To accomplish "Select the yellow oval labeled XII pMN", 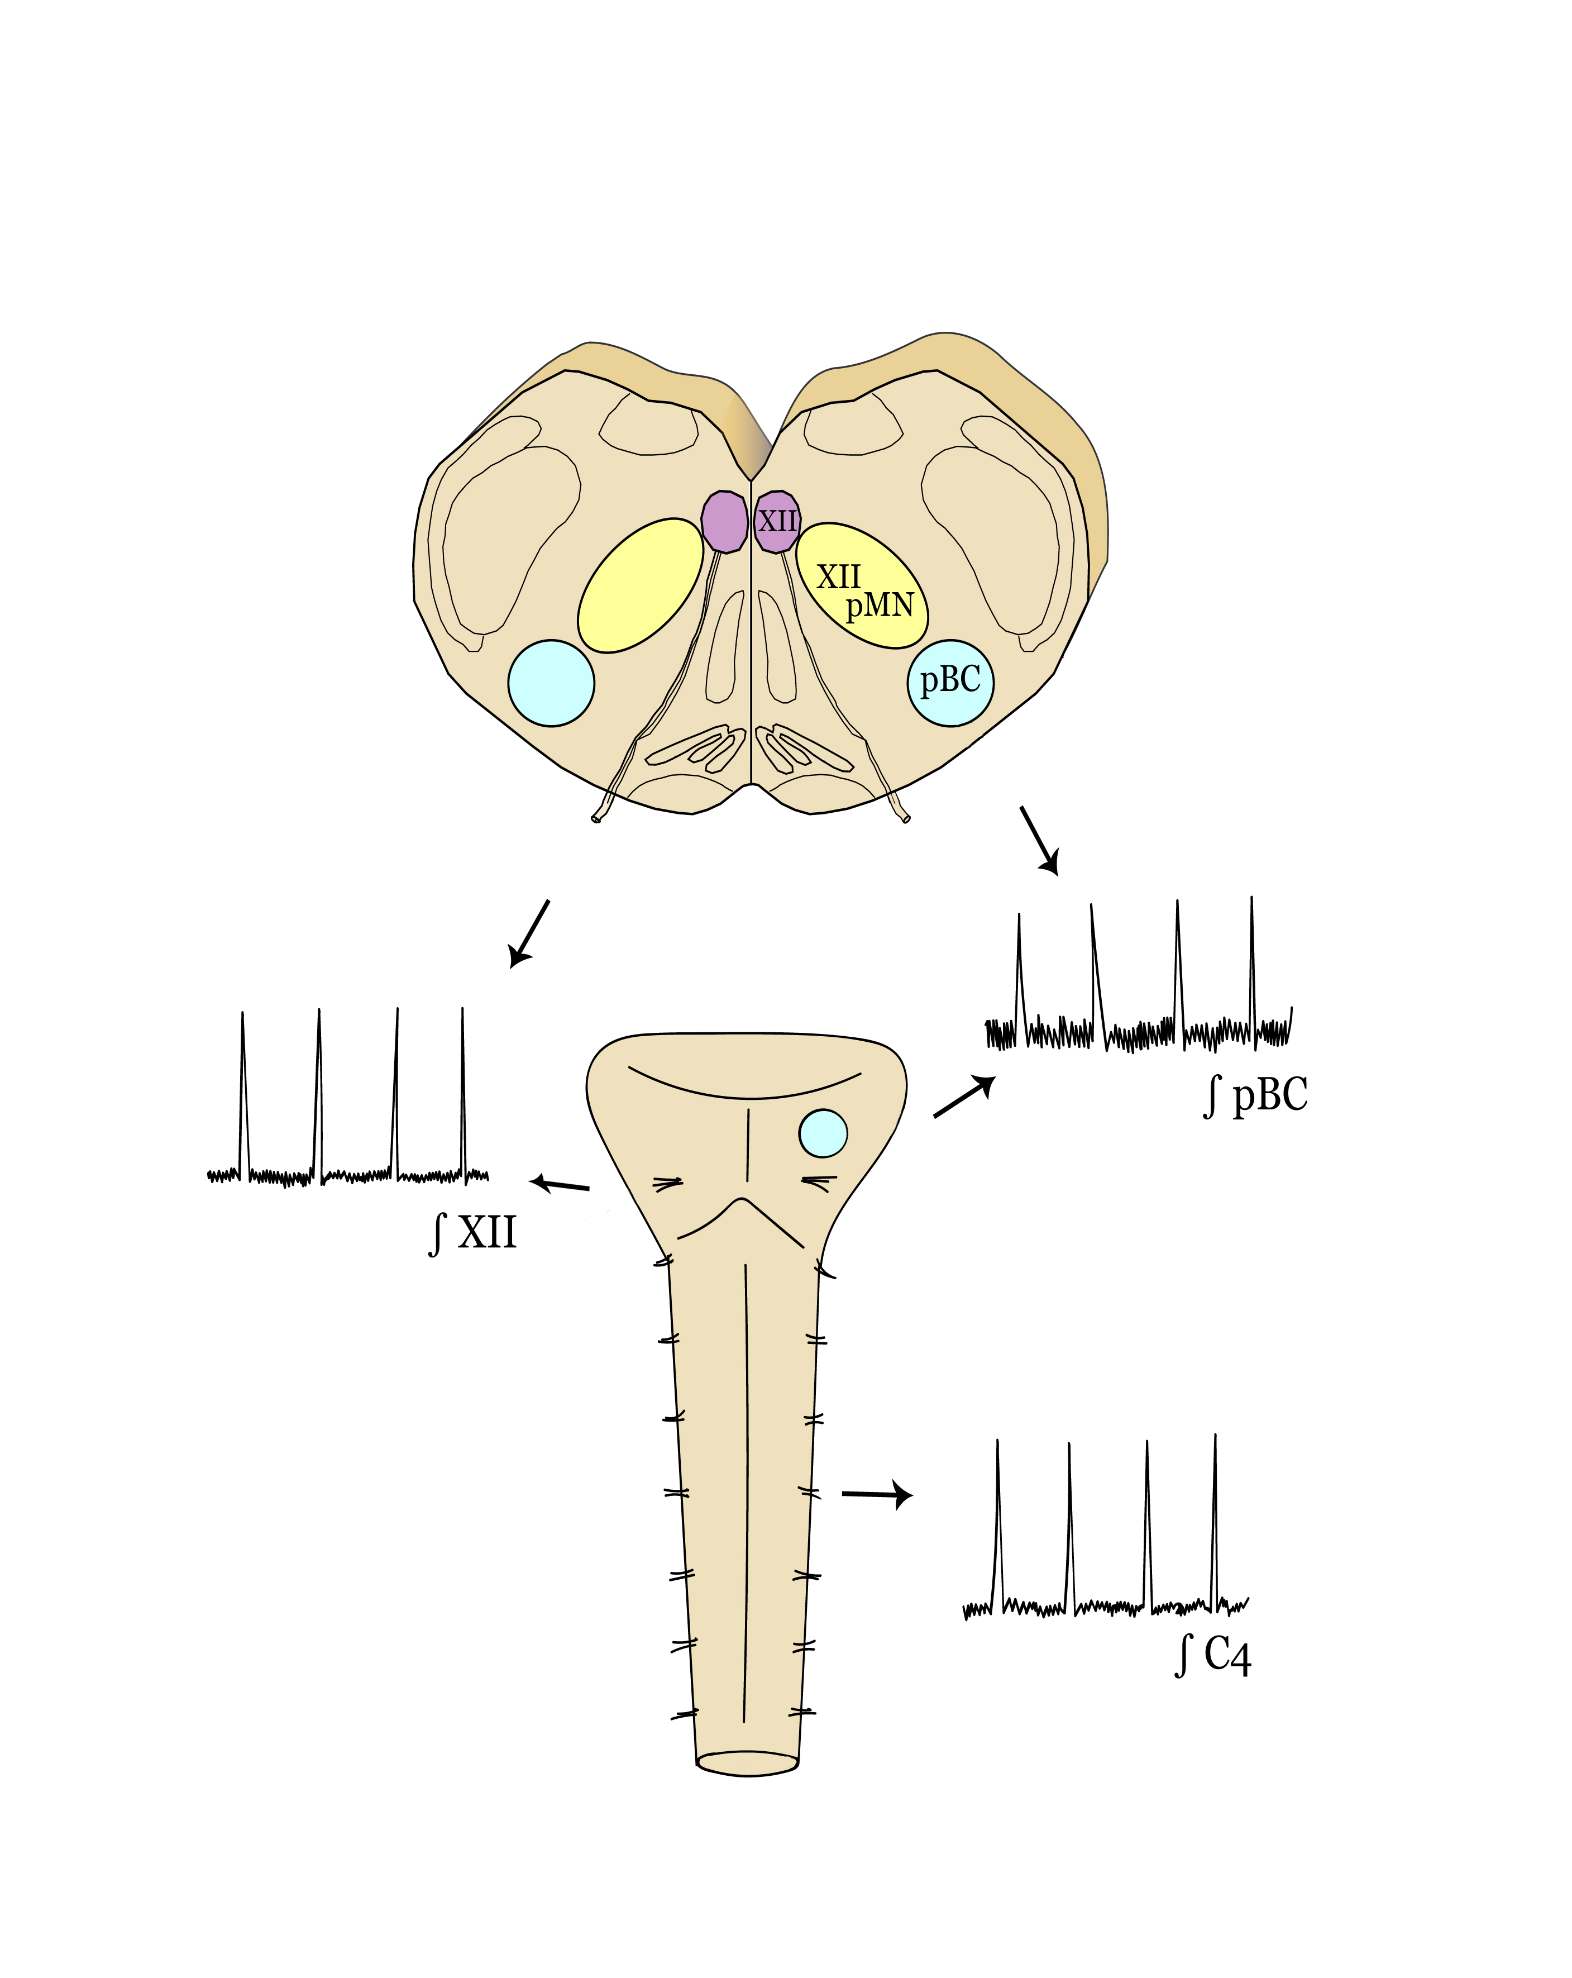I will pyautogui.click(x=861, y=585).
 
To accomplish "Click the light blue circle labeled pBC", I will pyautogui.click(x=950, y=683).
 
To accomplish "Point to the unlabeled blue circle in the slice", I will pyautogui.click(x=551, y=683).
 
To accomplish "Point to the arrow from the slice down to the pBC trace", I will pyautogui.click(x=1039, y=840).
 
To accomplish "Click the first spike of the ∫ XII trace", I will pyautogui.click(x=242, y=1092).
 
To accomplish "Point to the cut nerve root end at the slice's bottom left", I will pyautogui.click(x=597, y=818).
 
